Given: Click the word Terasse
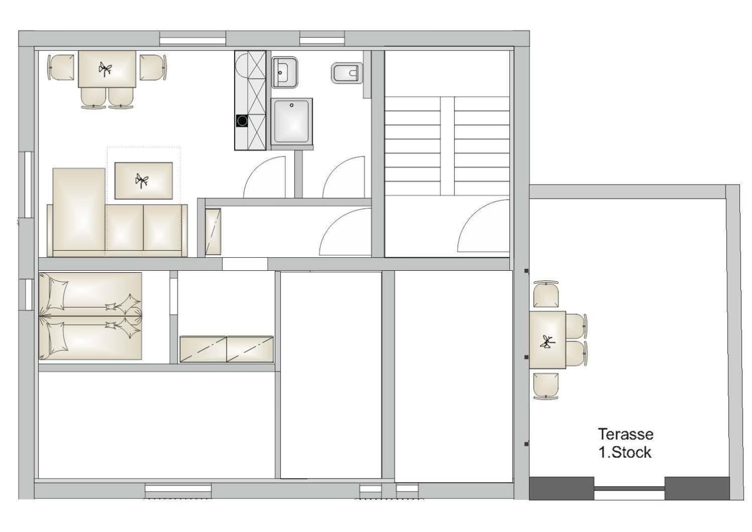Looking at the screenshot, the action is click(626, 435).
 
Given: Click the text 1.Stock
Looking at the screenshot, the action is click(625, 452).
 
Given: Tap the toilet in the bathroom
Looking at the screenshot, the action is click(348, 73).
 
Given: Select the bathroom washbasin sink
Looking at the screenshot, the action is click(284, 72).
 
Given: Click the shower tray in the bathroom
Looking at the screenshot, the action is click(292, 122).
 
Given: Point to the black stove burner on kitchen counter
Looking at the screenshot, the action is click(242, 121).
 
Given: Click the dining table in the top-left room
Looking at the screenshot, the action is click(107, 69).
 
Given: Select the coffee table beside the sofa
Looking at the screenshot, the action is click(144, 180).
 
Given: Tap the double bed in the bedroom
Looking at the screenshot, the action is click(90, 316).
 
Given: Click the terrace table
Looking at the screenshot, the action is click(548, 340).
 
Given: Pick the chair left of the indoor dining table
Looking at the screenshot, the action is click(61, 67).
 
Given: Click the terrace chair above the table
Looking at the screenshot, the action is click(546, 294).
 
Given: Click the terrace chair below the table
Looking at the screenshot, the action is click(546, 386).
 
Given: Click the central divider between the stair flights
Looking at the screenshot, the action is click(447, 146).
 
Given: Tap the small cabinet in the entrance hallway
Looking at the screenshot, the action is click(213, 232).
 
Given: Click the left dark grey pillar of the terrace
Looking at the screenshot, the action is click(561, 488).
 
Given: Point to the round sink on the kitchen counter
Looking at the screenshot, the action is click(242, 66).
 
